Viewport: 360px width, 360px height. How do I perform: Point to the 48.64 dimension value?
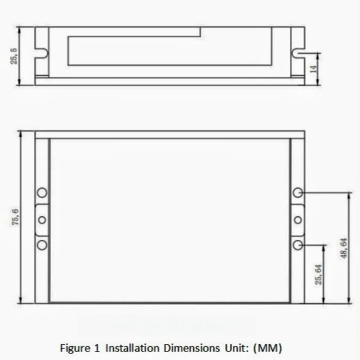pyautogui.click(x=343, y=248)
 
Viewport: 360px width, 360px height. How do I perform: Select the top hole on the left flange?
pyautogui.click(x=42, y=193)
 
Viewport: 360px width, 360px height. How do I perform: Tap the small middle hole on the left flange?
pyautogui.click(x=42, y=219)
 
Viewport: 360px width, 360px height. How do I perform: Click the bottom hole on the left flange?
pyautogui.click(x=42, y=245)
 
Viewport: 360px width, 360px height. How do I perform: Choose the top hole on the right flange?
pyautogui.click(x=298, y=193)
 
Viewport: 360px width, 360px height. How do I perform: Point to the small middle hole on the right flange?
pyautogui.click(x=298, y=219)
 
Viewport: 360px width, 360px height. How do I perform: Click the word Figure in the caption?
pyautogui.click(x=74, y=347)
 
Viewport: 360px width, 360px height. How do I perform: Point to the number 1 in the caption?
pyautogui.click(x=97, y=347)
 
